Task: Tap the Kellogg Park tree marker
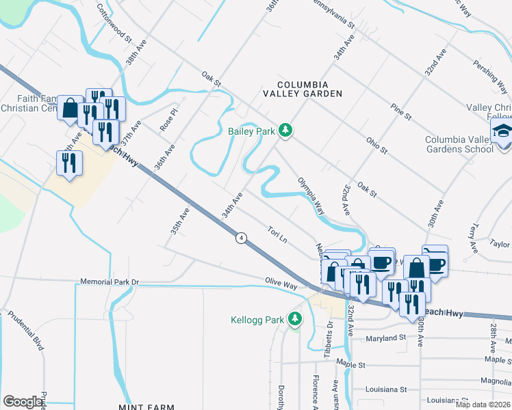(295, 319)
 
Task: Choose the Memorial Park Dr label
(110, 282)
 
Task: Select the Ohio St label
(376, 145)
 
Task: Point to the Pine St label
(400, 112)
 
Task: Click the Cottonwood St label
(114, 23)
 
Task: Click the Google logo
(23, 402)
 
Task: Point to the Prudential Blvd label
(25, 331)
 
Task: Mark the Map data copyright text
(483, 405)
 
